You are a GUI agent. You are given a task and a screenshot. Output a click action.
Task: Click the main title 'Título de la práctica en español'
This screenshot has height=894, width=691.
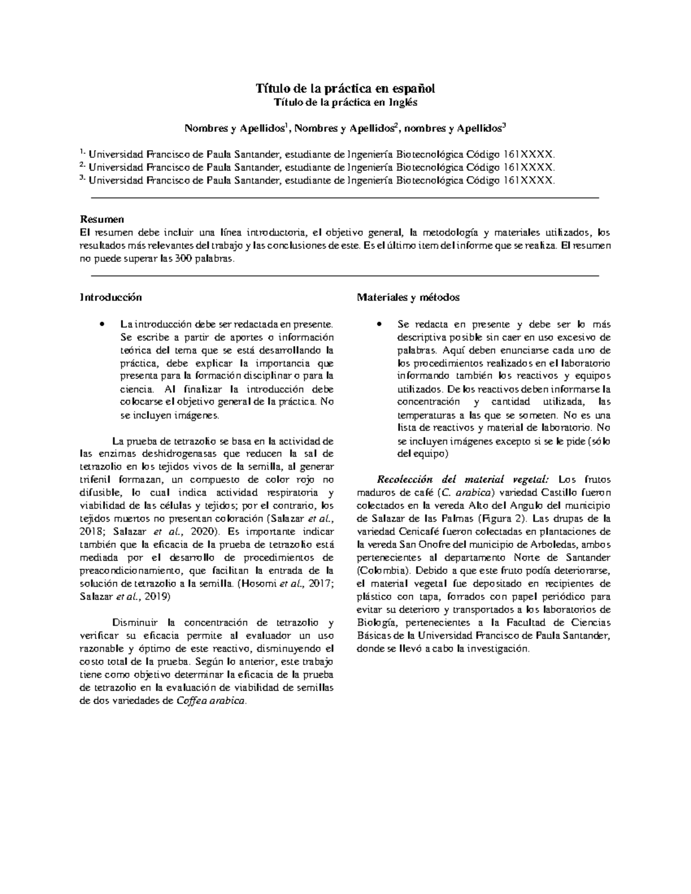345,89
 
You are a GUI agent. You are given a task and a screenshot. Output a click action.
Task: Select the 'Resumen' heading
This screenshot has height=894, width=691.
101,219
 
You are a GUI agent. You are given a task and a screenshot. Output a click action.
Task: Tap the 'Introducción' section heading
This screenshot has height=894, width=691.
110,298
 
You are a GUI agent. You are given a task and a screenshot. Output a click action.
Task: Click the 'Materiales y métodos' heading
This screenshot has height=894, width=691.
408,298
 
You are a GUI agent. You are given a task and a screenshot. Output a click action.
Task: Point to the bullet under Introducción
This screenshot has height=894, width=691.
101,324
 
